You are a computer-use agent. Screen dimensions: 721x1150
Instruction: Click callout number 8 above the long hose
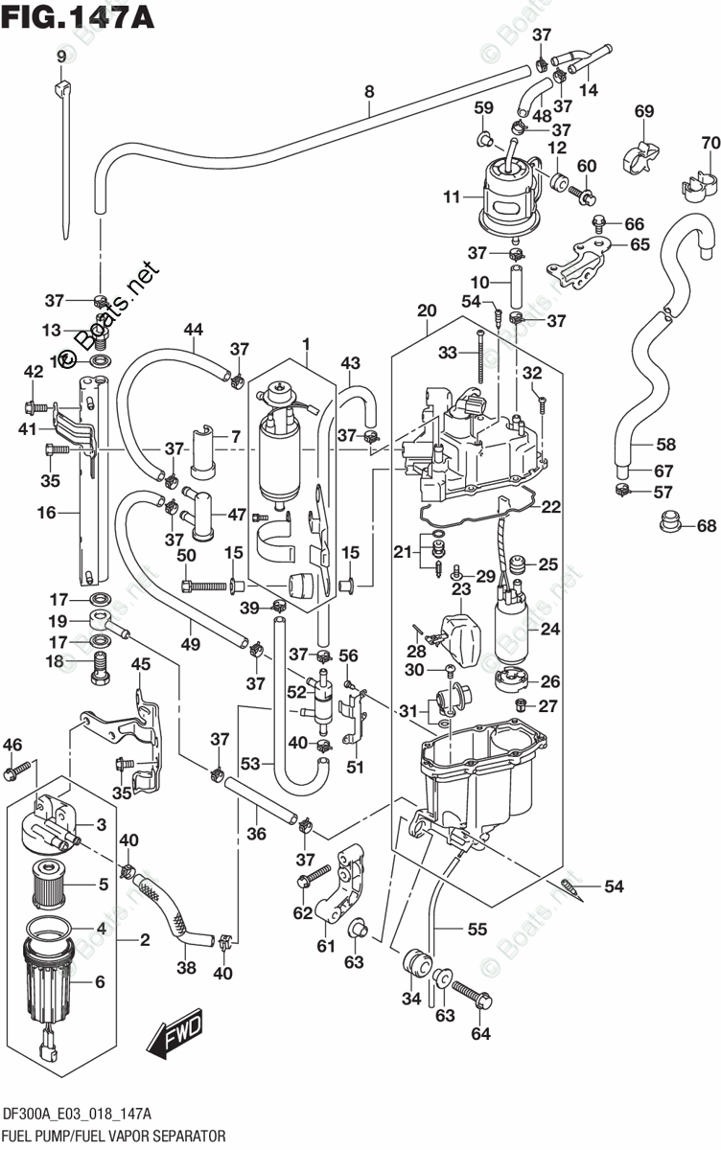[x=369, y=92]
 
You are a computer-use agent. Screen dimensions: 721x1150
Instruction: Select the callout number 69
[x=644, y=111]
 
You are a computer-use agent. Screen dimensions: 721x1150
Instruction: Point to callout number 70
[x=710, y=142]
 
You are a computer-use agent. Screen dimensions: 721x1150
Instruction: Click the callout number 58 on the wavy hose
[x=666, y=444]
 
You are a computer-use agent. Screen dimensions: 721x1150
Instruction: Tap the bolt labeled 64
[x=472, y=991]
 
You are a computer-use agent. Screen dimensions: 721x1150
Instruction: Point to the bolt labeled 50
[x=204, y=585]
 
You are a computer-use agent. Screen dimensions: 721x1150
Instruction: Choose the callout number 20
[x=427, y=310]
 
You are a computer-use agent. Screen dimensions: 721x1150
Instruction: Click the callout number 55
[x=477, y=929]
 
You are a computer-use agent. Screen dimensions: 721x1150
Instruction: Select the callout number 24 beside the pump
[x=549, y=629]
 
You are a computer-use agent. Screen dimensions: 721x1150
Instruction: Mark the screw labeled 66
[x=597, y=221]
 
